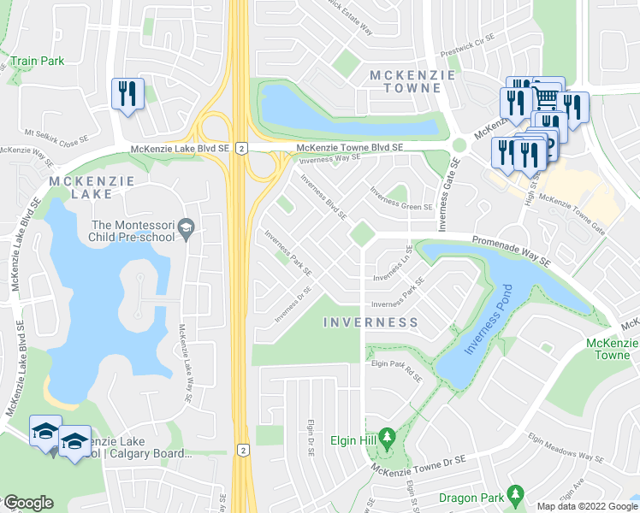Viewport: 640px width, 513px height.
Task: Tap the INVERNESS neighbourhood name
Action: coord(371,322)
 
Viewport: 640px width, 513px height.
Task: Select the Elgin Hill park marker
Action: coord(386,437)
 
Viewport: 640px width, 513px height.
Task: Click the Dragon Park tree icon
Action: coord(515,493)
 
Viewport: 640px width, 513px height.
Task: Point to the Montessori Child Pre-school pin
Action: coord(187,229)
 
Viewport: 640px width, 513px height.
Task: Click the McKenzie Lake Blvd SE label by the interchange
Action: coord(180,148)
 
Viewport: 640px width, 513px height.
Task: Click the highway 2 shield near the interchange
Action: coord(243,148)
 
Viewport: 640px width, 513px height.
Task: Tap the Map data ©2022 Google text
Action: coord(586,506)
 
